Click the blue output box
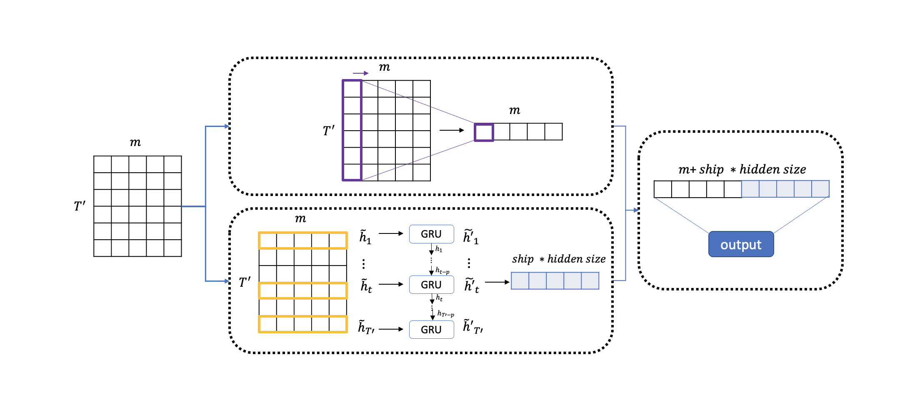pos(741,244)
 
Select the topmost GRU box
pos(431,234)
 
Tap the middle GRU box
pos(431,285)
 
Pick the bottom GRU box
pos(431,330)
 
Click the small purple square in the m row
pos(484,132)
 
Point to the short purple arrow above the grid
pos(360,73)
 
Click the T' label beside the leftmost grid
pos(80,206)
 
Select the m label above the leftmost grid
pos(135,142)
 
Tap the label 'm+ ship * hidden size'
pos(742,169)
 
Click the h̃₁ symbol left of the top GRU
pos(365,236)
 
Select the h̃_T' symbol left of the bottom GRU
pos(366,327)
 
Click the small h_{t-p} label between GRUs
pos(442,271)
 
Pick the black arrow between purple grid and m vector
pos(452,130)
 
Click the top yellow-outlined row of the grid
pos(303,241)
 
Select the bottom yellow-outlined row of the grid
pos(303,324)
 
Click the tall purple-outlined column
pos(352,130)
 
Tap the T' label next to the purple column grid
pos(329,131)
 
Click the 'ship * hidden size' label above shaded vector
pos(559,259)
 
